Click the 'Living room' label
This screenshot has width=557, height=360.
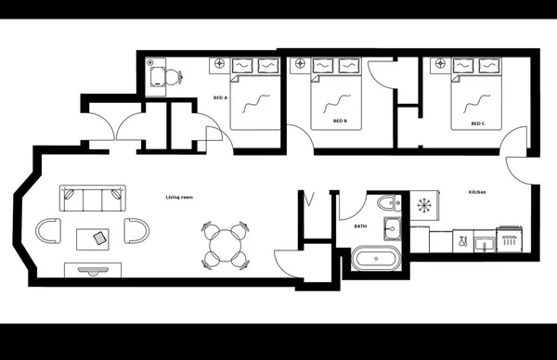(179, 197)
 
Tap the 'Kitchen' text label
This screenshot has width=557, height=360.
(477, 192)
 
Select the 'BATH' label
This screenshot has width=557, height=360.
(360, 225)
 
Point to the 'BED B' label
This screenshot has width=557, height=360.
(340, 121)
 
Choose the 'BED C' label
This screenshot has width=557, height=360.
(477, 122)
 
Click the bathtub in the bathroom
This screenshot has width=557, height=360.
(375, 258)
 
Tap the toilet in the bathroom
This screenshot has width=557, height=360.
(388, 203)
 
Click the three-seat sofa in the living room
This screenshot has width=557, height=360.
(92, 198)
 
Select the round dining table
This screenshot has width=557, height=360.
(225, 246)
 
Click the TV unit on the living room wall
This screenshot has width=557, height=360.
(92, 269)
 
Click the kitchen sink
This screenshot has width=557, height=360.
(482, 244)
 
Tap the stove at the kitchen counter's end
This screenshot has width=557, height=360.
(510, 240)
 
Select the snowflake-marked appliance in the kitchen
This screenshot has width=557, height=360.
(423, 205)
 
